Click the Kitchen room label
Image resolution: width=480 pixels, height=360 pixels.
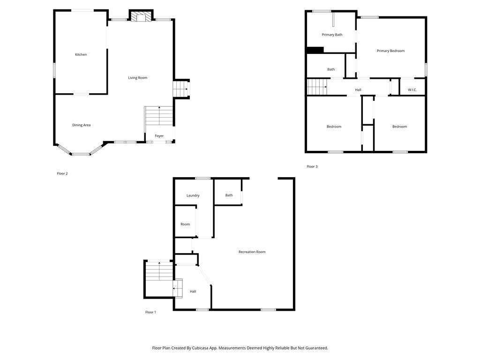click(81, 54)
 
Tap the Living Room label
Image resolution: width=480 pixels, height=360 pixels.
click(137, 78)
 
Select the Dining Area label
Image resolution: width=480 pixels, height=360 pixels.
click(81, 125)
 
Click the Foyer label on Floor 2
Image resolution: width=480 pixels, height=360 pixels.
click(159, 136)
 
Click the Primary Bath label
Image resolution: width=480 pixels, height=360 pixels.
click(332, 35)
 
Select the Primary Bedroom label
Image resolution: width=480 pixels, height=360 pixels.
click(390, 51)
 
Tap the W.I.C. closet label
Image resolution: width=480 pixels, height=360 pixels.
click(412, 90)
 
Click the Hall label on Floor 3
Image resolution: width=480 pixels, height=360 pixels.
click(358, 90)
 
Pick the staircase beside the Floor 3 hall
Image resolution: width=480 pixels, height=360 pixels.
click(317, 87)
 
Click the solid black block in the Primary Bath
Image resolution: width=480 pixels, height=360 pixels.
click(315, 50)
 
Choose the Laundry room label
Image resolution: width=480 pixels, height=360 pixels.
click(193, 195)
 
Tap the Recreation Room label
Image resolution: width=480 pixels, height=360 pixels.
click(252, 252)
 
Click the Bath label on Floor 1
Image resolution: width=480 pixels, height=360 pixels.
click(229, 195)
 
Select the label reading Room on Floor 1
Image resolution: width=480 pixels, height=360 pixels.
click(185, 225)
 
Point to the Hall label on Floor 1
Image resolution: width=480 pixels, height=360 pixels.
click(193, 292)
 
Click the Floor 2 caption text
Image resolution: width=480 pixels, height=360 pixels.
click(62, 173)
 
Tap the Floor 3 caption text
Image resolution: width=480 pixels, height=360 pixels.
click(312, 166)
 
